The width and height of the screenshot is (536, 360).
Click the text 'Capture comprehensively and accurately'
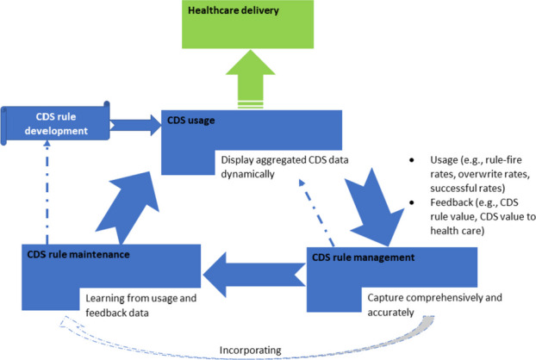click(x=421, y=301)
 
